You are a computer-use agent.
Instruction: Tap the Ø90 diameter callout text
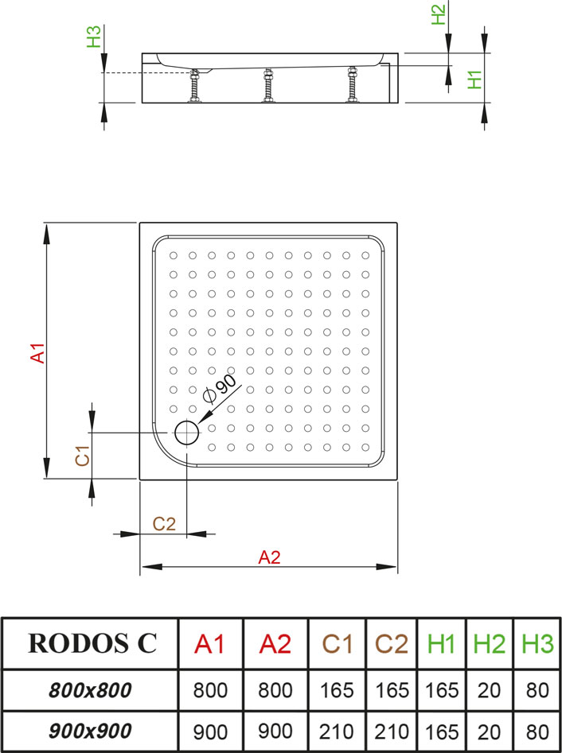[220, 389]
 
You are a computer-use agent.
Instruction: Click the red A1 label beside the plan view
[37, 353]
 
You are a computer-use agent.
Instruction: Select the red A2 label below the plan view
[269, 557]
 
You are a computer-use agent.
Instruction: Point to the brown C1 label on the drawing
[83, 456]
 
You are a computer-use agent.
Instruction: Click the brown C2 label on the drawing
[165, 524]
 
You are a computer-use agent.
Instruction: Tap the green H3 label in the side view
[94, 37]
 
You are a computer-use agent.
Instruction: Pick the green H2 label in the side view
[439, 14]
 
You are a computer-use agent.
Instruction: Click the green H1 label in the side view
[474, 80]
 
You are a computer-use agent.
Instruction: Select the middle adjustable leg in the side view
[268, 85]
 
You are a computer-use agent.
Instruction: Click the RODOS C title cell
[92, 643]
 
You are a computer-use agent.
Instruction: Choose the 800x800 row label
[90, 690]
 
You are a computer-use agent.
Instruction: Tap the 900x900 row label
[90, 731]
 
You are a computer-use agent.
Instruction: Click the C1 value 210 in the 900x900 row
[337, 732]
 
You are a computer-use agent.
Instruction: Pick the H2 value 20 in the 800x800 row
[490, 690]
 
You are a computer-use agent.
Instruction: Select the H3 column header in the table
[537, 643]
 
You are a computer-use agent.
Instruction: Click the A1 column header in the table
[209, 643]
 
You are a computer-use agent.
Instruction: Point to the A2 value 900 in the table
[275, 732]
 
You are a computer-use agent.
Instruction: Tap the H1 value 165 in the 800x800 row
[442, 690]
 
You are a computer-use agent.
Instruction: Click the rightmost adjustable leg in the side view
[353, 84]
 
